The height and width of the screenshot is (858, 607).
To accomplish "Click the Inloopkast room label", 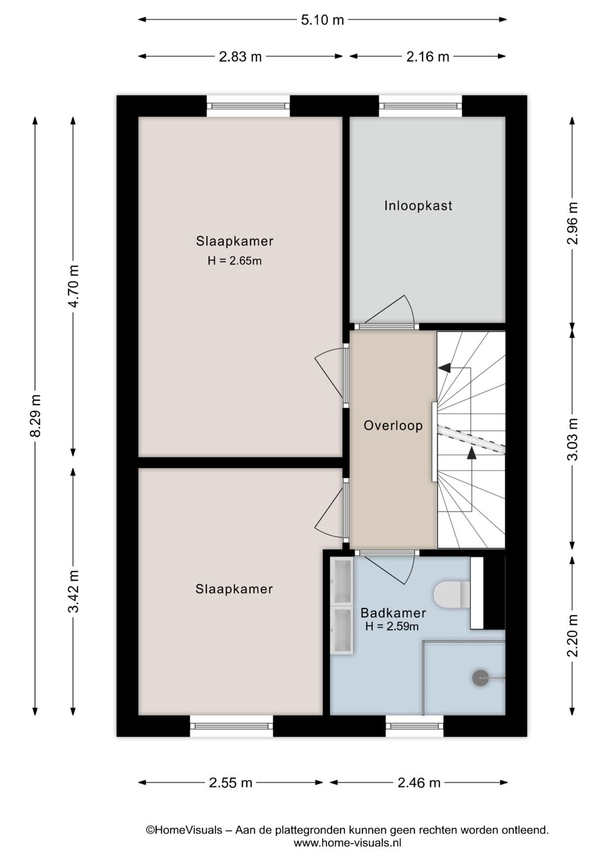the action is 418,206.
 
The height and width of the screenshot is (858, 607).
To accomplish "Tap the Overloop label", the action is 393,425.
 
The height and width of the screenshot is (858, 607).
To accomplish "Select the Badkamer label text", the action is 393,613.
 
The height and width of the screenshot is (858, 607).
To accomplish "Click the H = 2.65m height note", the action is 234,261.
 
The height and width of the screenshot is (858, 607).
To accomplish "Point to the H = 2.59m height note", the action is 392,626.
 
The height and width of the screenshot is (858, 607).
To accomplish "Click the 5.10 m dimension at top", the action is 322,20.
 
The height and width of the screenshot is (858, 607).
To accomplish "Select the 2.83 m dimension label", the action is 240,57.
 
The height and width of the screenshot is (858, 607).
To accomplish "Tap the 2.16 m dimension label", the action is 427,57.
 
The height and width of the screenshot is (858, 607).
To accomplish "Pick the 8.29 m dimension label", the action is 35,416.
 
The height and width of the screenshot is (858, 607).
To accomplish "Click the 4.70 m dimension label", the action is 74,286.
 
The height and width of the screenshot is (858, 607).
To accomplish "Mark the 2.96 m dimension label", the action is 573,223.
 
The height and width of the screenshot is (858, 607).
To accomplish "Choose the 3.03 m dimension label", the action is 573,439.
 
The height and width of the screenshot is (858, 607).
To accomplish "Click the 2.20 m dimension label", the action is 573,635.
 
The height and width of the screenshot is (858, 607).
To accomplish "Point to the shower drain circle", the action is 480,678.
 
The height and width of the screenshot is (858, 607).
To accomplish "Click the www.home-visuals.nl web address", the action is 347,843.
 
